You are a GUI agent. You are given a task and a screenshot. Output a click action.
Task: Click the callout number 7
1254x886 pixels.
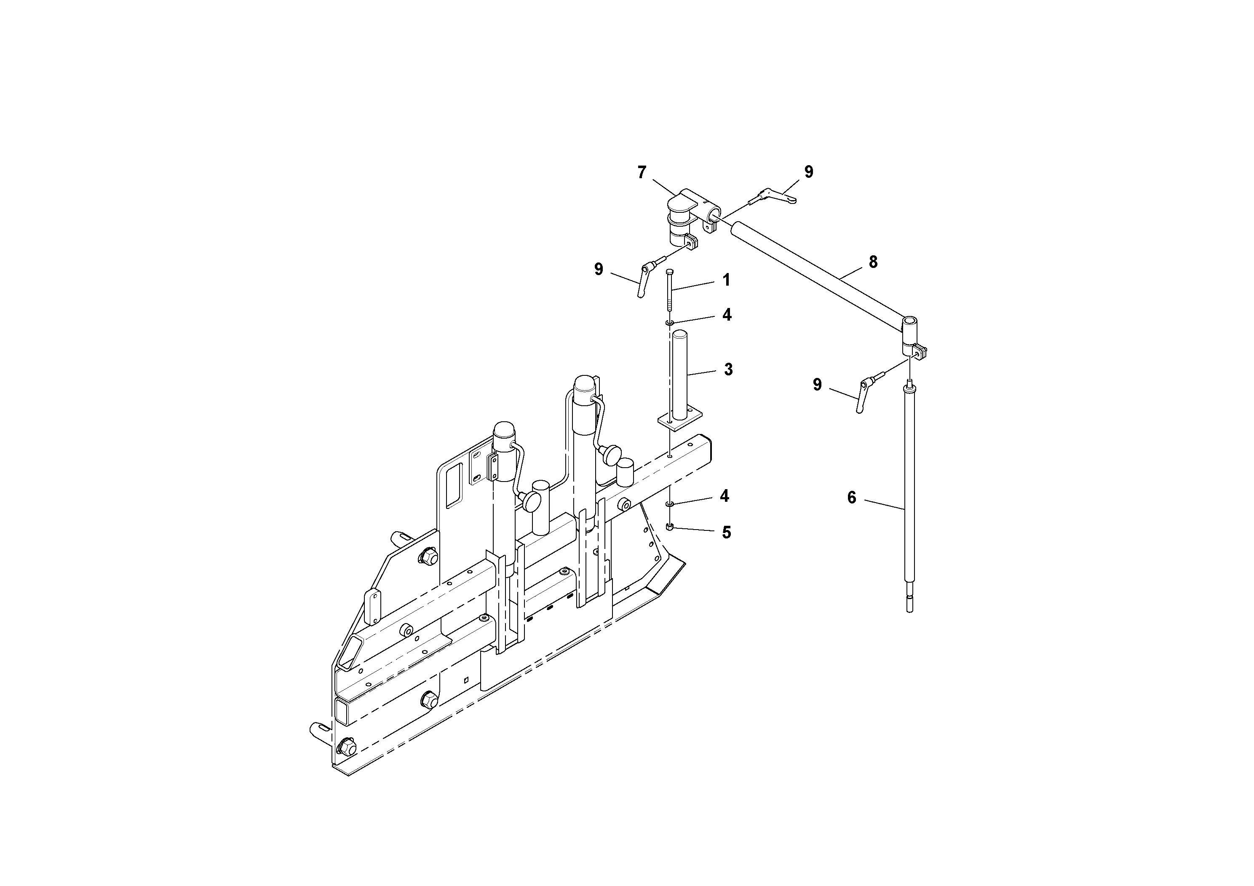642,173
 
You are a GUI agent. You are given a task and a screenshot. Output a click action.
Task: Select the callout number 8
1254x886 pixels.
873,262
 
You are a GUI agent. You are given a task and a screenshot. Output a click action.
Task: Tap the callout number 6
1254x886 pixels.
851,498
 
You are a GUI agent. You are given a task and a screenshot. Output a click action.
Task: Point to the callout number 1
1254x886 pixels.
726,280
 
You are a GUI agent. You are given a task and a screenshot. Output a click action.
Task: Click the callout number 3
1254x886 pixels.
728,369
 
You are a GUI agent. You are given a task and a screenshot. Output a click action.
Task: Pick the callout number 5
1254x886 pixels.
726,533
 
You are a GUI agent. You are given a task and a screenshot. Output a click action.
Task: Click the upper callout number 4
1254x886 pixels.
726,315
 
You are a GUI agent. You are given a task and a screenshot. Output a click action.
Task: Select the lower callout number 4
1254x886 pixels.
724,496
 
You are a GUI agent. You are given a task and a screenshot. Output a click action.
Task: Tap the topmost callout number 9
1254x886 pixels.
809,172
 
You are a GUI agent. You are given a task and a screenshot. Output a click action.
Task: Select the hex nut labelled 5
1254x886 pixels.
670,526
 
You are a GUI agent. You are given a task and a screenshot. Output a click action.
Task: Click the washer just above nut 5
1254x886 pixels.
670,503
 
